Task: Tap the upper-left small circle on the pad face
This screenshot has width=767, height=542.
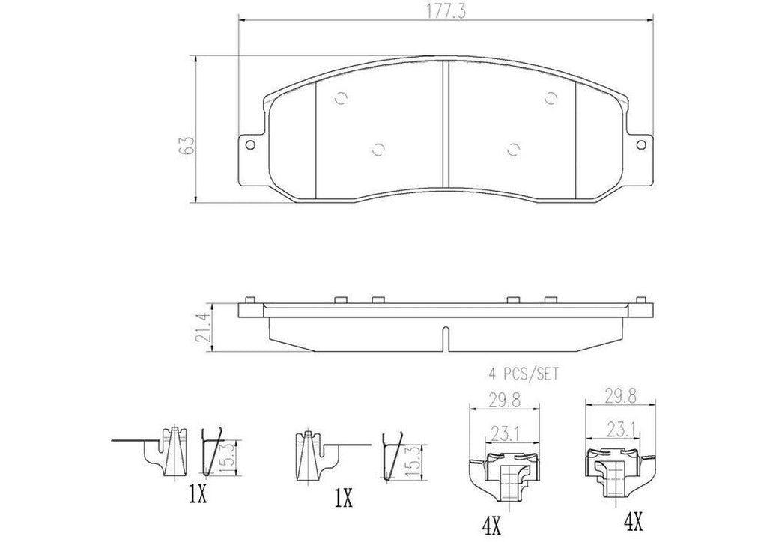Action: (342, 97)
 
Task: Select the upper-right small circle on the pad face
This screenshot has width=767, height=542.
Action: (550, 97)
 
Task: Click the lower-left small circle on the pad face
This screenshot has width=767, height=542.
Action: (378, 148)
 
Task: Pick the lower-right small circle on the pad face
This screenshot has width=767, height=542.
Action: (513, 148)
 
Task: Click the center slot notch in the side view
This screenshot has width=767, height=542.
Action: (445, 338)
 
